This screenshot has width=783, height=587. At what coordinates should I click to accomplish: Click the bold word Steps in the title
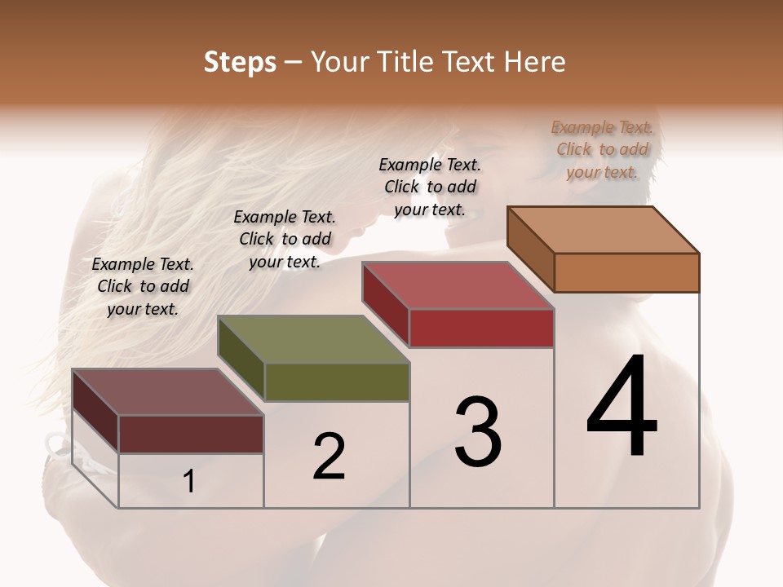click(x=240, y=62)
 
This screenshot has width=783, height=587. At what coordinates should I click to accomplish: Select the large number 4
click(x=622, y=408)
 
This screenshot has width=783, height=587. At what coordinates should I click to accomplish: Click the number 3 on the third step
click(x=478, y=432)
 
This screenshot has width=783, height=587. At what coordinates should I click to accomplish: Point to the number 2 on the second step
click(x=329, y=457)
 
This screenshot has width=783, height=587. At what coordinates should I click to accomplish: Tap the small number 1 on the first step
click(x=189, y=482)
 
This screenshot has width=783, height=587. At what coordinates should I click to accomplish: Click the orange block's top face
click(x=604, y=230)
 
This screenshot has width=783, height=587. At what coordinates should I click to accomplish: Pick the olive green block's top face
click(x=313, y=339)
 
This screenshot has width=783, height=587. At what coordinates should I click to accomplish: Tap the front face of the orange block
click(x=626, y=272)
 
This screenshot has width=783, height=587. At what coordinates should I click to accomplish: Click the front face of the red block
click(x=481, y=328)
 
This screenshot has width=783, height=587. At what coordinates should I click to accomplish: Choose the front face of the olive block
click(x=337, y=382)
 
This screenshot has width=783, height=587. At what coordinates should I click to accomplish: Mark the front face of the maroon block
click(x=191, y=434)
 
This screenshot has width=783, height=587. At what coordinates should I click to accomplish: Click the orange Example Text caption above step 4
click(x=602, y=149)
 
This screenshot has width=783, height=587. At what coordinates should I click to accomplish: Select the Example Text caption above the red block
click(x=430, y=187)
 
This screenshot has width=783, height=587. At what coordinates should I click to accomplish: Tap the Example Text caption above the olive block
click(x=285, y=239)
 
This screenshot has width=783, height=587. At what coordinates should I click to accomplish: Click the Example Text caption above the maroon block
click(x=143, y=286)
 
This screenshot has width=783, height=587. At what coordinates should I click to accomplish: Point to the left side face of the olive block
click(x=241, y=359)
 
